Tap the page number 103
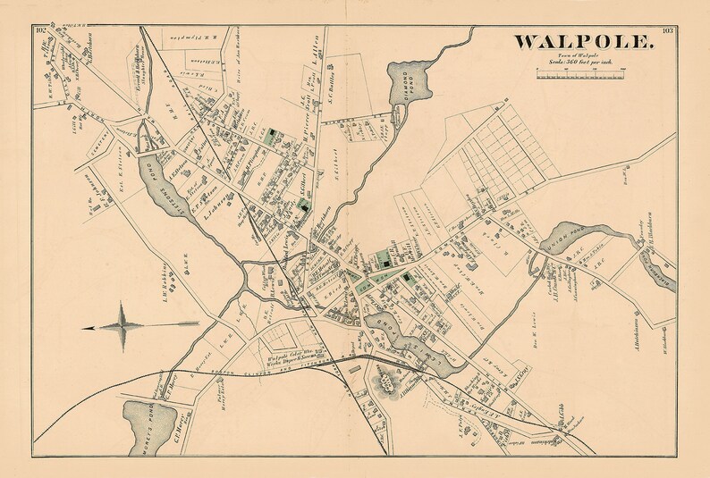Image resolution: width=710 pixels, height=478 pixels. pyautogui.click(x=667, y=31)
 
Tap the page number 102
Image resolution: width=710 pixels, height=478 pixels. pyautogui.click(x=41, y=31)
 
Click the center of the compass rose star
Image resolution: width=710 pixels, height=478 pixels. pyautogui.click(x=123, y=327)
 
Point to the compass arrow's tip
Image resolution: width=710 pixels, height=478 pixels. pyautogui.click(x=83, y=328)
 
